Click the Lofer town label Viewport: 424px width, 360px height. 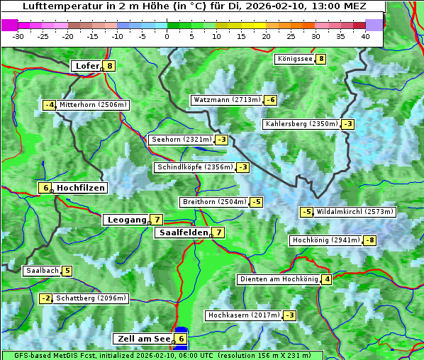[x=87, y=66]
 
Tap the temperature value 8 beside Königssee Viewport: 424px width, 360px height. [x=321, y=59]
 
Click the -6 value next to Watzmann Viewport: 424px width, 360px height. [x=270, y=100]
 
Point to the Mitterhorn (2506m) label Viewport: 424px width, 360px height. [x=93, y=105]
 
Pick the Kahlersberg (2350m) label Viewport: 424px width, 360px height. [x=301, y=124]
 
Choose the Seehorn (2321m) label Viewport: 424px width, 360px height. [x=181, y=140]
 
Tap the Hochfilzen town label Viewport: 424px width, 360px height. [x=80, y=188]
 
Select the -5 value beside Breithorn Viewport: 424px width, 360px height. [x=256, y=202]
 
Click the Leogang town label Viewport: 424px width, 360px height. [x=126, y=220]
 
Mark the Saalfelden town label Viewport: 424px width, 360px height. [x=183, y=232]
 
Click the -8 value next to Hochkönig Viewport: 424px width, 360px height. [x=369, y=240]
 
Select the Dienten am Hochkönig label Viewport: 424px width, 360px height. [x=278, y=279]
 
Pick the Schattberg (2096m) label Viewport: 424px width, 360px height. [x=91, y=298]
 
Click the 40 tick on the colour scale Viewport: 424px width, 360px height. [x=365, y=35]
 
